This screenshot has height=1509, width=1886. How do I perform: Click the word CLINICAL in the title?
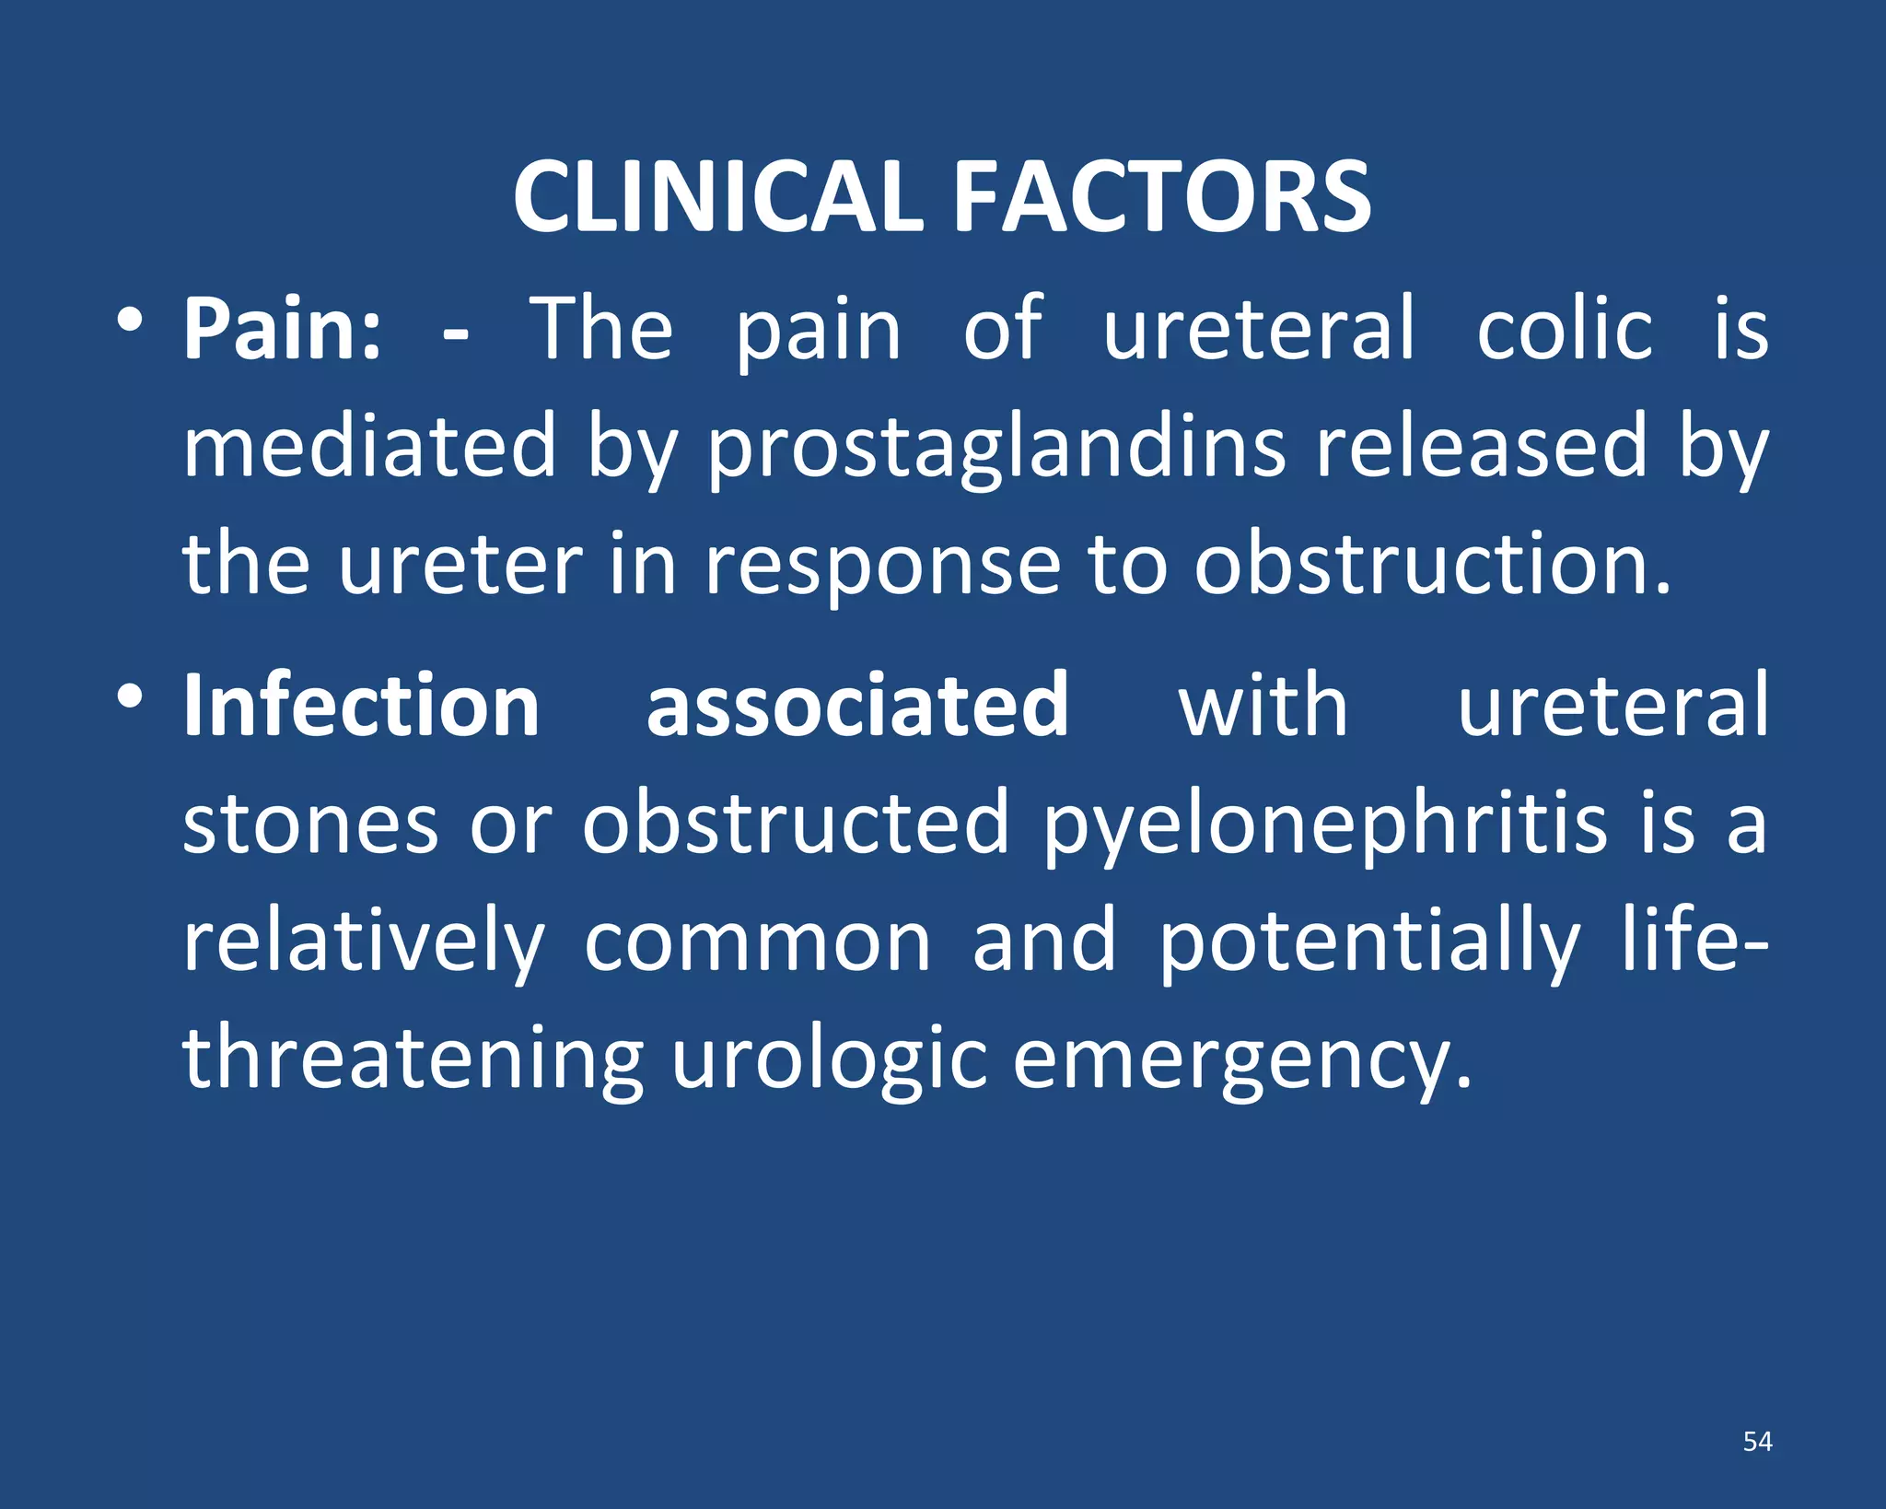tap(717, 197)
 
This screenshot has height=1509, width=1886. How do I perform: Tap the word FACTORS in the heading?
tap(1162, 197)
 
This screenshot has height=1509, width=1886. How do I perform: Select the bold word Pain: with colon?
tap(282, 329)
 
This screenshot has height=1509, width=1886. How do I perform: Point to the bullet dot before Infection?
tap(129, 696)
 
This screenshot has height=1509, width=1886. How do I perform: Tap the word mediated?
tap(369, 446)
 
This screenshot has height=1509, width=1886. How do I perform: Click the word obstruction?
tap(1432, 564)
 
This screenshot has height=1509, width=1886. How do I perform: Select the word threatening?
tap(413, 1060)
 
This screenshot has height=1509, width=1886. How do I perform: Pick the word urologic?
tap(829, 1062)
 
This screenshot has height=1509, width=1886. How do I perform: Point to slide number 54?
tap(1757, 1442)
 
